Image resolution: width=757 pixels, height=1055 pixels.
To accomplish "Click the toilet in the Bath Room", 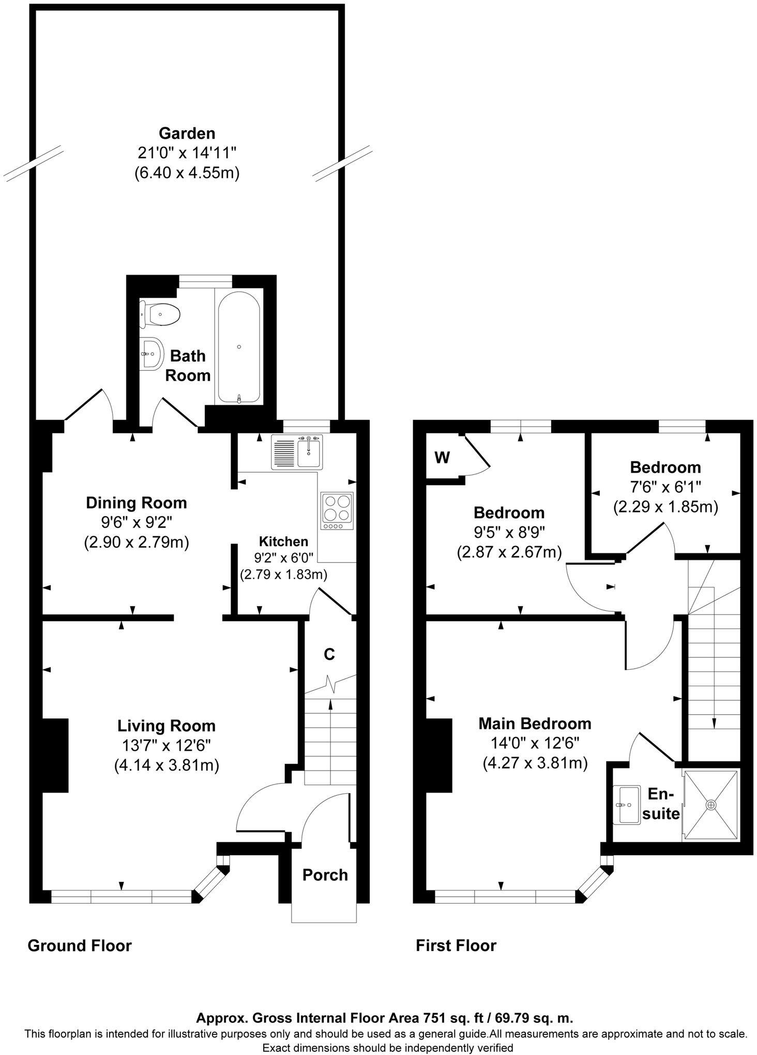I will pos(160,314).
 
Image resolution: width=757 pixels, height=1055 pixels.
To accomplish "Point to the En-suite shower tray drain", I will pos(711,805).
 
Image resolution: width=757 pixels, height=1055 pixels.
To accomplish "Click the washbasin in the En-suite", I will pos(627,805).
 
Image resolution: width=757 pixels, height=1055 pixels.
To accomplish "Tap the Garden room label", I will pos(187,133).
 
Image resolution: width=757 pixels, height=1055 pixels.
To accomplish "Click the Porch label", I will pos(325,875).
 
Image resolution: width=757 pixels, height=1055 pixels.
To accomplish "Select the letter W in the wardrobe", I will pos(442,458).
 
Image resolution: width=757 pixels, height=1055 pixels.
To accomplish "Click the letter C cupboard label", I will pos(329,655).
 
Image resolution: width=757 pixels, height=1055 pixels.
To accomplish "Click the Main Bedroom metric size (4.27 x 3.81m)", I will pos(535,763).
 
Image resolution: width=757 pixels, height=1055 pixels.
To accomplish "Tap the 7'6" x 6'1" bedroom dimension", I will pos(665,487).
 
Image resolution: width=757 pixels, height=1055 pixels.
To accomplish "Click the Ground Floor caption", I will pos(80,945).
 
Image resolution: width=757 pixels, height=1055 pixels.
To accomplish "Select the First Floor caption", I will pos(456,945).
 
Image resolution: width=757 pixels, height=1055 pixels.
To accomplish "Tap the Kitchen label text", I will pos(283,541).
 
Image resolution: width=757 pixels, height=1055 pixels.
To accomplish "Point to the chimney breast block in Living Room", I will pos(55,756).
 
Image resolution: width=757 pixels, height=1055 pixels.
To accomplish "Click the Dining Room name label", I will pos(136,502).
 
